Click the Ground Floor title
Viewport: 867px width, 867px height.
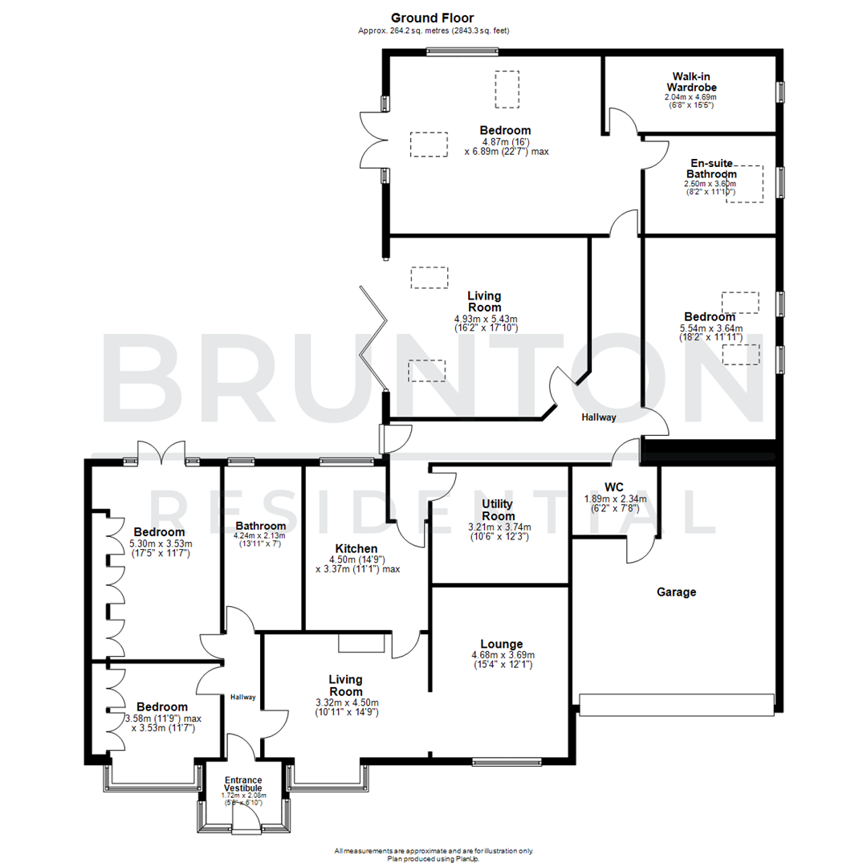coord(433,17)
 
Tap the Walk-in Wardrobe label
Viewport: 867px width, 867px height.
coord(690,81)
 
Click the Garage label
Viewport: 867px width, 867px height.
coord(676,592)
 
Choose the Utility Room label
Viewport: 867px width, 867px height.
coord(498,510)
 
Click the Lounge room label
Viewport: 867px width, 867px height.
coord(502,644)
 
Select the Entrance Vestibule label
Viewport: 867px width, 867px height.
coord(242,784)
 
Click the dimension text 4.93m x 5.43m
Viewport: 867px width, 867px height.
coord(486,319)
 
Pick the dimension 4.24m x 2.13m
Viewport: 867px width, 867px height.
coord(260,536)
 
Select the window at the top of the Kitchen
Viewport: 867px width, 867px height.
coord(345,462)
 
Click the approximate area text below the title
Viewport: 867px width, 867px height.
coord(433,31)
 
